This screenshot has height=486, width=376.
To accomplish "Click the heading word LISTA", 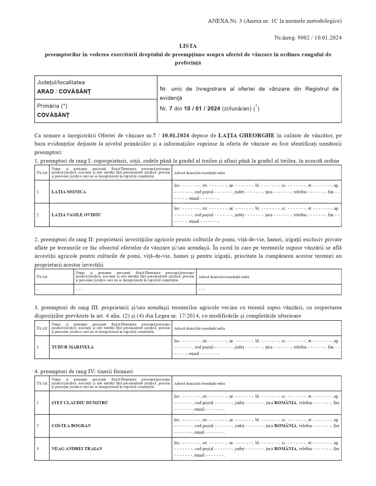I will tap(188, 46).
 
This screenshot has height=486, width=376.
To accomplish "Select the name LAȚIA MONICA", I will tap(68, 192).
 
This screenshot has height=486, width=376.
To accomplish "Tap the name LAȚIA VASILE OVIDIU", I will tap(76, 215).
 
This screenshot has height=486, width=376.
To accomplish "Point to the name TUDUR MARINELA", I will tap(73, 347).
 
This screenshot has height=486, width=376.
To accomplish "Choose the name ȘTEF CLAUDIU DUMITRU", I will tap(80, 403).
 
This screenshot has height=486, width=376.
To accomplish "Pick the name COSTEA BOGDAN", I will tap(71, 426).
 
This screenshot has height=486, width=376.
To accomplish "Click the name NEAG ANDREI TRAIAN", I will tap(77, 449).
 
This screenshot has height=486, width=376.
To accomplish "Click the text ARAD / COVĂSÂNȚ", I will tap(64, 92).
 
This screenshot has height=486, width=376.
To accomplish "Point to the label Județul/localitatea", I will tap(61, 82).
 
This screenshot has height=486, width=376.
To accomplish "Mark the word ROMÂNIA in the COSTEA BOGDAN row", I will tap(285, 426).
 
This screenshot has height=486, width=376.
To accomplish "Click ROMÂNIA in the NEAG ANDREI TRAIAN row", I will tap(285, 449).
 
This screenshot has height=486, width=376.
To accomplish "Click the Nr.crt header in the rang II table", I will tap(42, 277).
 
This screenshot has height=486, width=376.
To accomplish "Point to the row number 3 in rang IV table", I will tap(38, 449).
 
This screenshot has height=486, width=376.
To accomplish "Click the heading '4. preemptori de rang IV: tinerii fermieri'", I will tap(83, 371).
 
